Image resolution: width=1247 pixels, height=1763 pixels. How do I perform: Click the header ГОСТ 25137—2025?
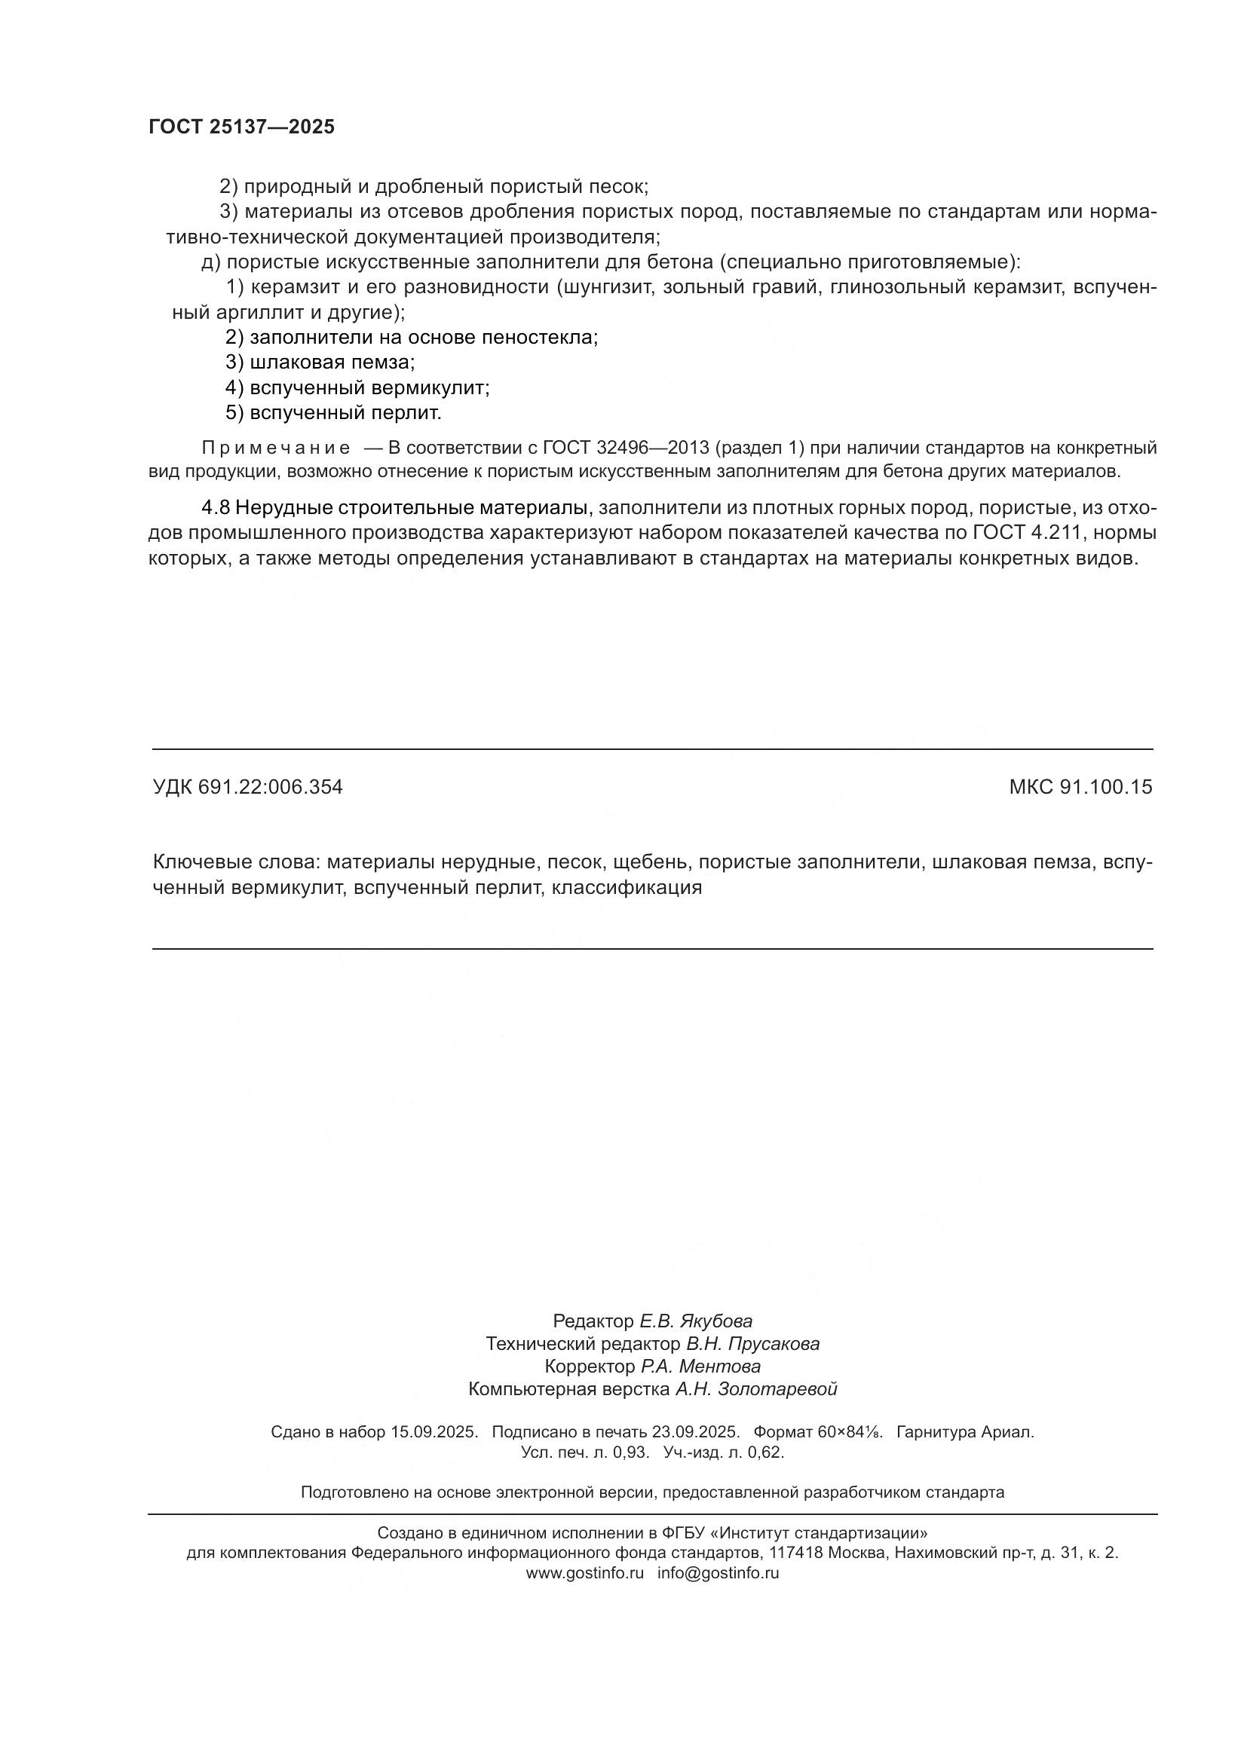tap(242, 127)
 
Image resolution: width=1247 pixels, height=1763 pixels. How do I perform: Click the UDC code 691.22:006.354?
tap(269, 787)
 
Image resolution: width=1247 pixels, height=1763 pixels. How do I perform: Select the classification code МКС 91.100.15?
tap(1080, 787)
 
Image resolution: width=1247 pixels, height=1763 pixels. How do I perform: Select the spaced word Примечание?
tap(276, 448)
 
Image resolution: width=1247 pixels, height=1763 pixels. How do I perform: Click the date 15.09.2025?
tap(434, 1432)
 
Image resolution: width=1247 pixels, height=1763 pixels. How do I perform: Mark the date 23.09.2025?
tap(696, 1432)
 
